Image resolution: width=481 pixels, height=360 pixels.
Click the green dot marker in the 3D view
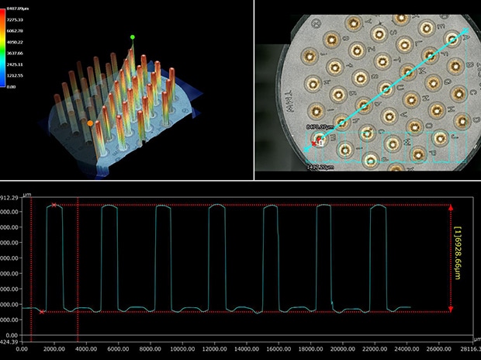pos(133,36)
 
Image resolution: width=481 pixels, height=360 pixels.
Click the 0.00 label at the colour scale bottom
pos(12,87)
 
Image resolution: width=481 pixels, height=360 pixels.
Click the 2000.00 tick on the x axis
pos(54,348)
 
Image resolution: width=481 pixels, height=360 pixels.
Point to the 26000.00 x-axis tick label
pos(441,348)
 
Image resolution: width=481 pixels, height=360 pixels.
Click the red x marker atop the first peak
pos(54,205)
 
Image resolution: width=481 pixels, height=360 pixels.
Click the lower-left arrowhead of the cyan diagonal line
pos(317,142)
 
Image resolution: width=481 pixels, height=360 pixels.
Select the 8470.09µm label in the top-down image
pos(321,125)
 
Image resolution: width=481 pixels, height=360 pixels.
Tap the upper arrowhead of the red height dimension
pos(450,206)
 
